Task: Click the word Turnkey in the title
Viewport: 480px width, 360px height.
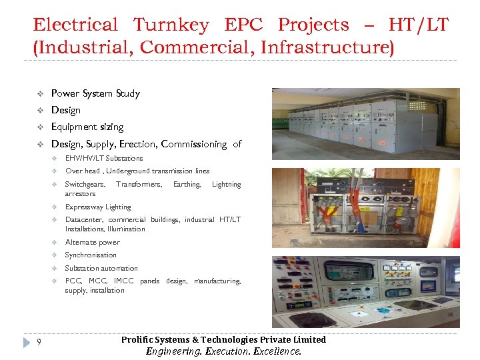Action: [x=171, y=25]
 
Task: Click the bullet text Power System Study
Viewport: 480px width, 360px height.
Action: [x=95, y=93]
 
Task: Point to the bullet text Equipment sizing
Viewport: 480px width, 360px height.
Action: [x=87, y=127]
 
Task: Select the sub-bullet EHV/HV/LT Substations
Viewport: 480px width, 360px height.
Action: [x=104, y=159]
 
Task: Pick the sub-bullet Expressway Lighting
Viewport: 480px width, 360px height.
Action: [x=98, y=207]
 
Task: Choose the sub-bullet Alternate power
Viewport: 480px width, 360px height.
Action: [x=93, y=243]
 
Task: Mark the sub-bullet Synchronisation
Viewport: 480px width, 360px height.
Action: [x=91, y=255]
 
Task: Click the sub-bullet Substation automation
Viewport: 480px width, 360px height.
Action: [x=101, y=269]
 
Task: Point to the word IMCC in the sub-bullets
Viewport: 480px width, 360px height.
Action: [x=124, y=281]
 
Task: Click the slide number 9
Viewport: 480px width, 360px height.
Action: [x=40, y=343]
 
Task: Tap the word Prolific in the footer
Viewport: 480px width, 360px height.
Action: [x=137, y=340]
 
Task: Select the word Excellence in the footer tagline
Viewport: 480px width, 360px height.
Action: [x=278, y=351]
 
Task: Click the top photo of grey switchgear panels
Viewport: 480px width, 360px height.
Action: [x=365, y=123]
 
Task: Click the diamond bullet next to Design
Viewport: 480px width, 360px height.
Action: [x=39, y=111]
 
